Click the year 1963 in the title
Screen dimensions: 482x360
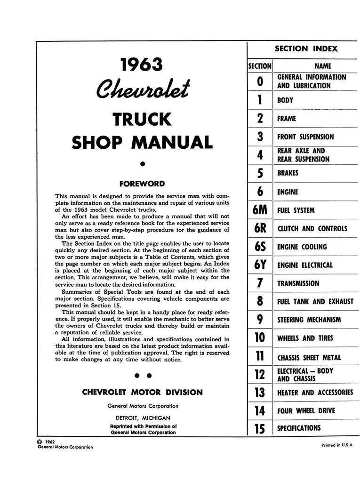click(142, 64)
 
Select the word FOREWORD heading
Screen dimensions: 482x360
click(142, 184)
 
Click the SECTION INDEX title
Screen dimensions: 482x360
click(306, 48)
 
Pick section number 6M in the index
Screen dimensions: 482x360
click(260, 210)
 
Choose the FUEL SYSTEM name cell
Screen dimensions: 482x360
click(296, 210)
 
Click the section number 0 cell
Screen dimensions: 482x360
click(260, 81)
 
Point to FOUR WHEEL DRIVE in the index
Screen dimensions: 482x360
click(306, 410)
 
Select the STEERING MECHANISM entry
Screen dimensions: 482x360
click(309, 320)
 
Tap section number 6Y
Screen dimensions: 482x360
click(260, 265)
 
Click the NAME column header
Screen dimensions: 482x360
click(322, 66)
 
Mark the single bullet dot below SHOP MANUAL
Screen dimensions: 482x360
click(142, 164)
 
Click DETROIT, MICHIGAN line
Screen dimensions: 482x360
click(143, 418)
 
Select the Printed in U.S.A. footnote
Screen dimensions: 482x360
click(337, 445)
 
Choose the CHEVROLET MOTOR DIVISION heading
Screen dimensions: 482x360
click(143, 392)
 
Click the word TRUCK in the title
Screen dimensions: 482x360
click(142, 120)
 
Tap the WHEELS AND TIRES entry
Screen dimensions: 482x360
click(305, 338)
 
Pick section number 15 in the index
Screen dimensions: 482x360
click(260, 428)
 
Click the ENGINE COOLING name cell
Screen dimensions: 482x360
click(302, 247)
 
